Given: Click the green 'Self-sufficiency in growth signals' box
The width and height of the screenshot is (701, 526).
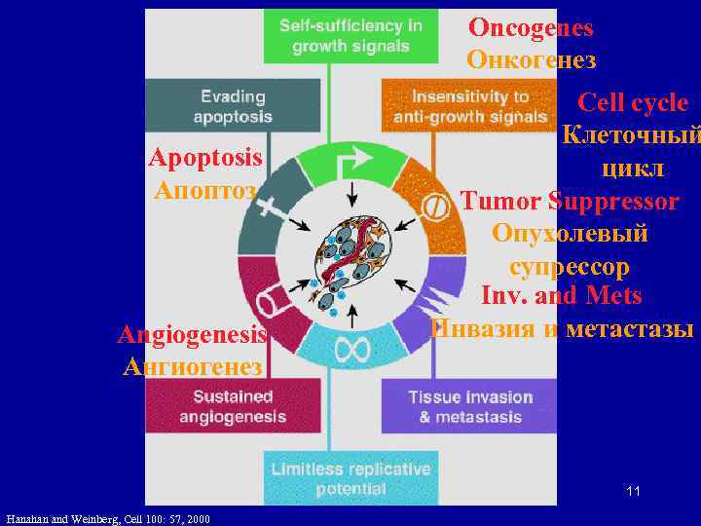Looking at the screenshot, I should [350, 36].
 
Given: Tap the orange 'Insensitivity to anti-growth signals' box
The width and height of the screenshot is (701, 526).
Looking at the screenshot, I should [469, 106].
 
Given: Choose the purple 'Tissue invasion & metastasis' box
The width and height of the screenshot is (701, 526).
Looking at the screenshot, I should [469, 406].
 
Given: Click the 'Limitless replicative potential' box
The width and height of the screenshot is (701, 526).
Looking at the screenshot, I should [350, 477].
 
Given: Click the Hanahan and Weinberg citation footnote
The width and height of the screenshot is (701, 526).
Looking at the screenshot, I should [107, 518].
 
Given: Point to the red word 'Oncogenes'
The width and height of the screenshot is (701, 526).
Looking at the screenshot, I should [531, 28].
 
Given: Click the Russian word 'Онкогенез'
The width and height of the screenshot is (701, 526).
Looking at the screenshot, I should [531, 59].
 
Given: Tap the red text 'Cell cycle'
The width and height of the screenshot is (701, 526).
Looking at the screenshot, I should [633, 103].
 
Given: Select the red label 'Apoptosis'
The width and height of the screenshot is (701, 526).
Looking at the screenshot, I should [205, 158].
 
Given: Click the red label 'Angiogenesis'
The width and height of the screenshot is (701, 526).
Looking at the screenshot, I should [192, 335].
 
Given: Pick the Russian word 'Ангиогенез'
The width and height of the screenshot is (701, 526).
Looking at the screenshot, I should [192, 366].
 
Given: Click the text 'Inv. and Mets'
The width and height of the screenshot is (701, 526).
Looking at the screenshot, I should [561, 294].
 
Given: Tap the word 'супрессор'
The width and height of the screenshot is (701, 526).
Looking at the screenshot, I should [569, 265].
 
